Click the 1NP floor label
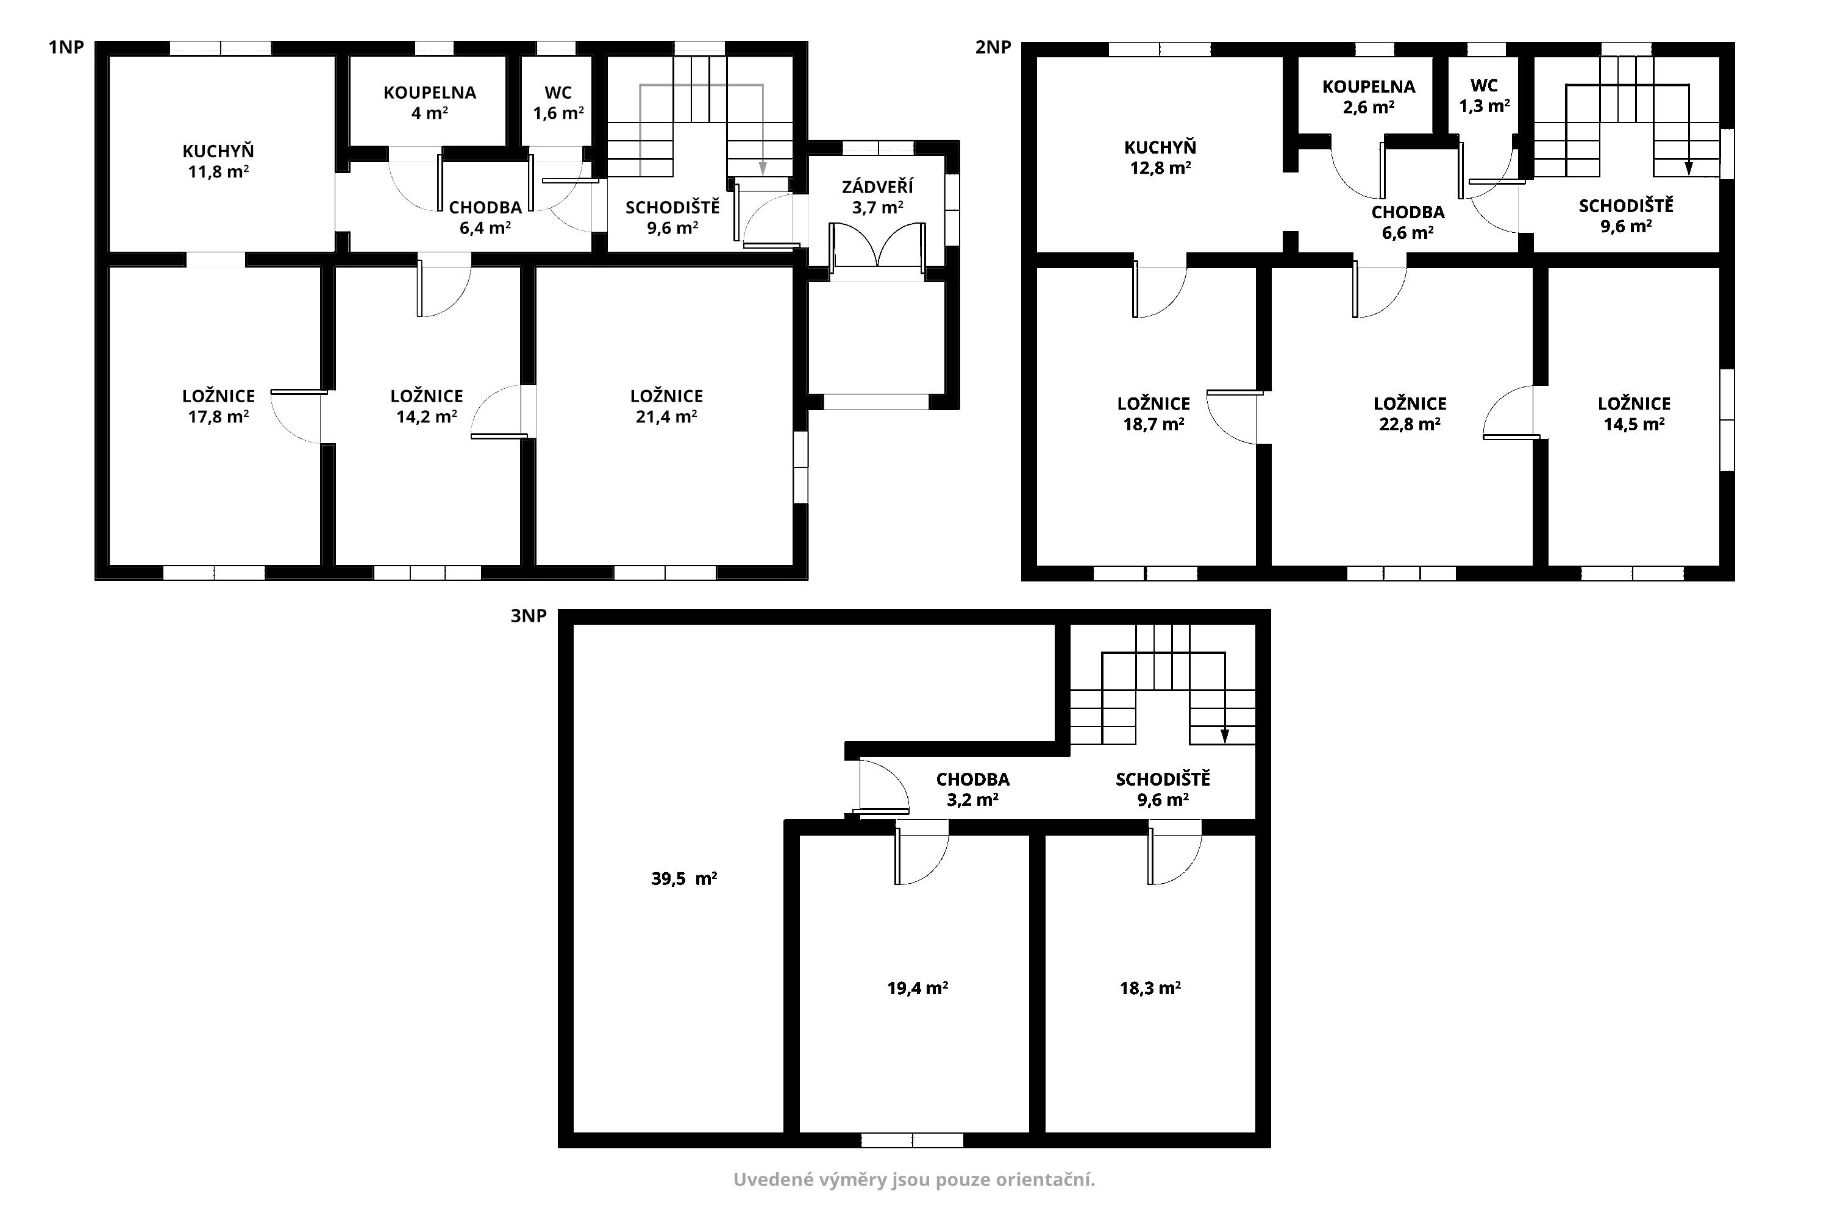click(x=66, y=48)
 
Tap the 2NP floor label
click(x=993, y=48)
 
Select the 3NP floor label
click(x=529, y=616)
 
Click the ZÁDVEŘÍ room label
click(x=877, y=186)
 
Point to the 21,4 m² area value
click(x=666, y=417)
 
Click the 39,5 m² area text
click(x=683, y=880)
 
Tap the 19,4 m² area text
click(x=917, y=988)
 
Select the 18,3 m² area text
click(x=1150, y=988)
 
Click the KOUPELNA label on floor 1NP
click(x=429, y=93)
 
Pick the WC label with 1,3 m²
click(x=1485, y=85)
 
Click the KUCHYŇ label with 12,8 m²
click(x=1160, y=147)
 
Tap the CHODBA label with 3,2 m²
click(x=973, y=779)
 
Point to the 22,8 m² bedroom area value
click(x=1410, y=424)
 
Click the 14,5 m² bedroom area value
click(x=1634, y=424)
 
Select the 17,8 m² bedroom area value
click(x=218, y=417)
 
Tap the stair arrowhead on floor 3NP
click(x=1225, y=736)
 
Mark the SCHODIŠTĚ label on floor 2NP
click(x=1626, y=206)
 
